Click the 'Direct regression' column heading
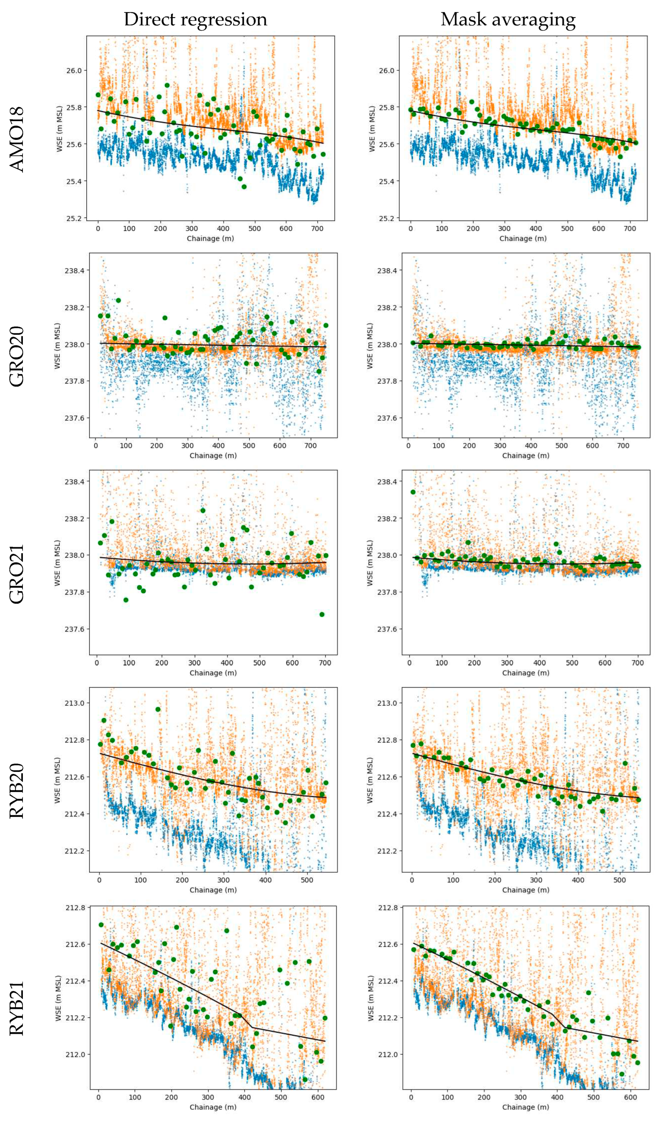point(195,20)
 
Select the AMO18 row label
point(17,140)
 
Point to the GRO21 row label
point(17,574)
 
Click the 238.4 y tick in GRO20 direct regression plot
point(74,270)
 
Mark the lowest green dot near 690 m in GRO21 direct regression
point(322,614)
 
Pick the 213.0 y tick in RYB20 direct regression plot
point(74,703)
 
